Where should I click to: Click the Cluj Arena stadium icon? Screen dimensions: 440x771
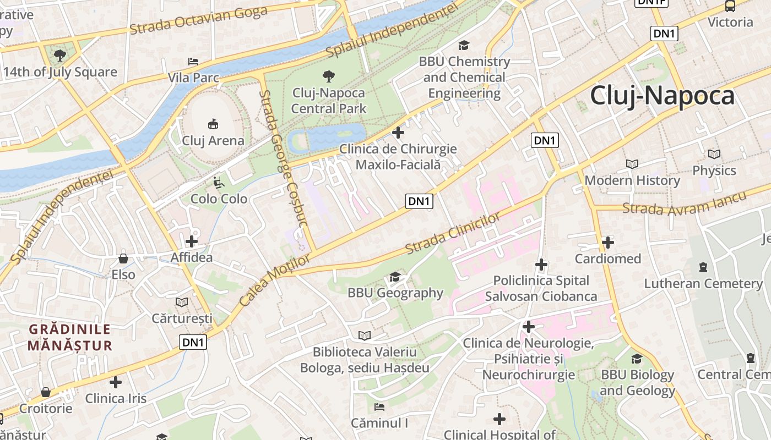[213, 124]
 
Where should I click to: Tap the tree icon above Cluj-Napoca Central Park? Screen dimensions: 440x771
[329, 76]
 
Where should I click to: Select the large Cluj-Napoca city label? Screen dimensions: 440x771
[662, 96]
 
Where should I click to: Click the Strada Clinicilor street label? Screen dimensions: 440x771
[453, 233]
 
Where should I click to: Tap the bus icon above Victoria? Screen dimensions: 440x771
[730, 6]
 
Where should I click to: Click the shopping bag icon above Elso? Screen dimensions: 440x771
[123, 258]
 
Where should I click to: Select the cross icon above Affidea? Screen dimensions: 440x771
[192, 241]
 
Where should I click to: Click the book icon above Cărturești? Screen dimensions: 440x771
[182, 302]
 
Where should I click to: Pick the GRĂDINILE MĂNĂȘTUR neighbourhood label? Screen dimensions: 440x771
[70, 337]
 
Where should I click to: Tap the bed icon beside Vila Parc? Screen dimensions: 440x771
[193, 62]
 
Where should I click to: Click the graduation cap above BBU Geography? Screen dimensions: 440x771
[395, 277]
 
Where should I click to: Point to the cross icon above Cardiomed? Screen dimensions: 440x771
[608, 242]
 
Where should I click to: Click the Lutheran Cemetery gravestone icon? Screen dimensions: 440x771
[703, 267]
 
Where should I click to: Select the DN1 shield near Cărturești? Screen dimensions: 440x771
[193, 343]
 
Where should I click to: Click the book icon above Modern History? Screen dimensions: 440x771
[632, 164]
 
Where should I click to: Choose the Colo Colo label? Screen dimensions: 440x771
[219, 199]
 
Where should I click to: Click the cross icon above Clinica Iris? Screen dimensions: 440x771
[116, 382]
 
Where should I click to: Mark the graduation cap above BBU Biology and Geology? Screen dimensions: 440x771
[637, 359]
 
